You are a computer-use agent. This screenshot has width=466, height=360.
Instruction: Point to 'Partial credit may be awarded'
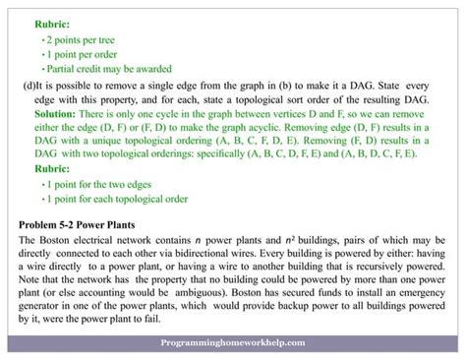click(x=108, y=68)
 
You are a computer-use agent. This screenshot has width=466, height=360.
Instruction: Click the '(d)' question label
click(x=29, y=86)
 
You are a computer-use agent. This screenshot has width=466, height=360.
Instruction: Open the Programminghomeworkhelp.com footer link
click(x=233, y=344)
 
